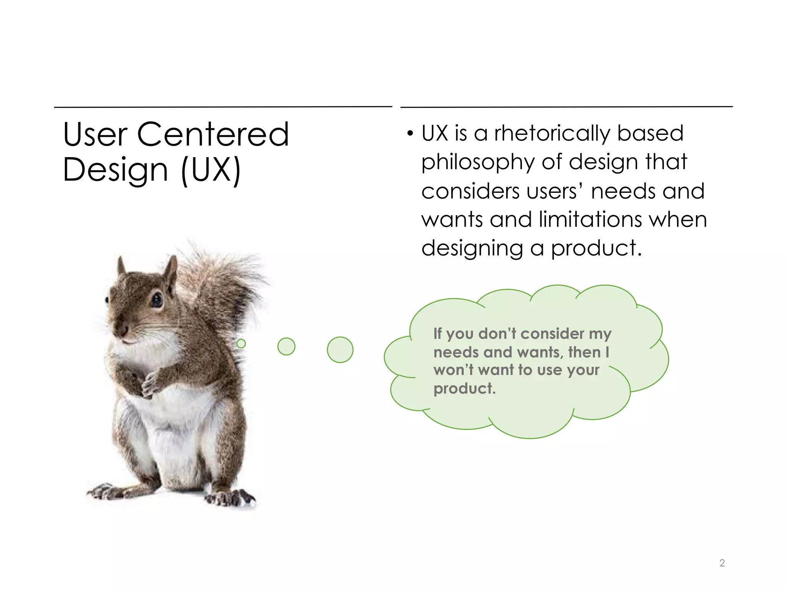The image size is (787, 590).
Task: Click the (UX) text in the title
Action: [x=211, y=170]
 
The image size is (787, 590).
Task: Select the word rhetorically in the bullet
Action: [x=552, y=134]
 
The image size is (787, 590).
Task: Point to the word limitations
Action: [x=590, y=220]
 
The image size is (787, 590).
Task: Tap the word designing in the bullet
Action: [x=472, y=249]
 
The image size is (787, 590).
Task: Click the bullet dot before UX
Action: [x=410, y=134]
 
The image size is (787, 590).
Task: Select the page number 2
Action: [x=722, y=563]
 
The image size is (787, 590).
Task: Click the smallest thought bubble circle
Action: [x=241, y=343]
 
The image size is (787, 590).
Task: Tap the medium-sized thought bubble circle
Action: [x=286, y=346]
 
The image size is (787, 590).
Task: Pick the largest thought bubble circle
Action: [x=340, y=350]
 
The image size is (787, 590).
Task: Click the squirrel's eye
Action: [x=157, y=299]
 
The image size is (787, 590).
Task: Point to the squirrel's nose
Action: [x=122, y=330]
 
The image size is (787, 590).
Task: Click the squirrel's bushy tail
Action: [x=223, y=284]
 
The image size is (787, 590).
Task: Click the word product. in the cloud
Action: [x=464, y=389]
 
